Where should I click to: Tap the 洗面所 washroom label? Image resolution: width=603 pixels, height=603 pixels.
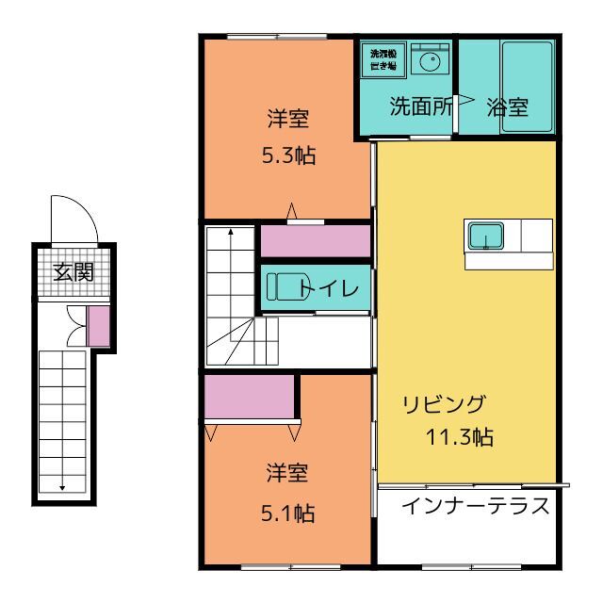point(421,106)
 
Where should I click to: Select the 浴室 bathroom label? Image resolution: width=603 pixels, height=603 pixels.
point(507,106)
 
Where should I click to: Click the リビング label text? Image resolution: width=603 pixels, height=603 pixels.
point(444,405)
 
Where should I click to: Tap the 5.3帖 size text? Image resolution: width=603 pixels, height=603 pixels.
point(288,155)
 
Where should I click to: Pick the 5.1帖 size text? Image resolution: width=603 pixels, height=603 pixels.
point(287,513)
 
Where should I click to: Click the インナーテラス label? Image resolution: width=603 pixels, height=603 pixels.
point(475,505)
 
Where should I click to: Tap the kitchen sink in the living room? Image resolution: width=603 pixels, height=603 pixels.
point(486,235)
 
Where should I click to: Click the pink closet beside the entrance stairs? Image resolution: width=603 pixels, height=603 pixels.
point(98,325)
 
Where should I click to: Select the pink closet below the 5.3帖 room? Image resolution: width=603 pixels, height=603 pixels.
point(315,241)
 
